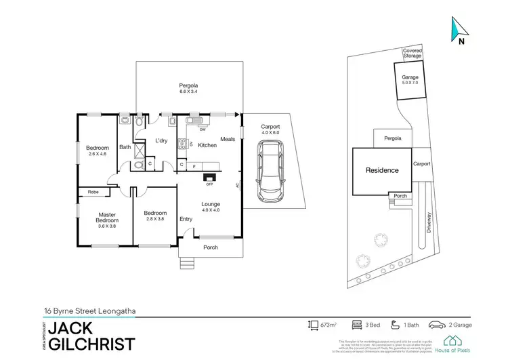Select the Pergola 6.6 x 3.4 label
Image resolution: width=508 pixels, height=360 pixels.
188,89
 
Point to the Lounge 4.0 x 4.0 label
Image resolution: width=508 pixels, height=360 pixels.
210,207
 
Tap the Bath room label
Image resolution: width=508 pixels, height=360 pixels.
125,147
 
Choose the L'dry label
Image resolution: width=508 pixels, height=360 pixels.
161,140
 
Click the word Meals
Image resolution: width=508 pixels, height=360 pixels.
228,140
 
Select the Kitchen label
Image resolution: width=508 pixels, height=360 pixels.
207,145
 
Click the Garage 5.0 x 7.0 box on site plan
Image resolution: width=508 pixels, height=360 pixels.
410,81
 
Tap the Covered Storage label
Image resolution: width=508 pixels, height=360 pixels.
412,54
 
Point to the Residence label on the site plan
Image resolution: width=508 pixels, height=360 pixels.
383,170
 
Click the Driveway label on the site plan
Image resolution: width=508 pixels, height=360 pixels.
428,221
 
